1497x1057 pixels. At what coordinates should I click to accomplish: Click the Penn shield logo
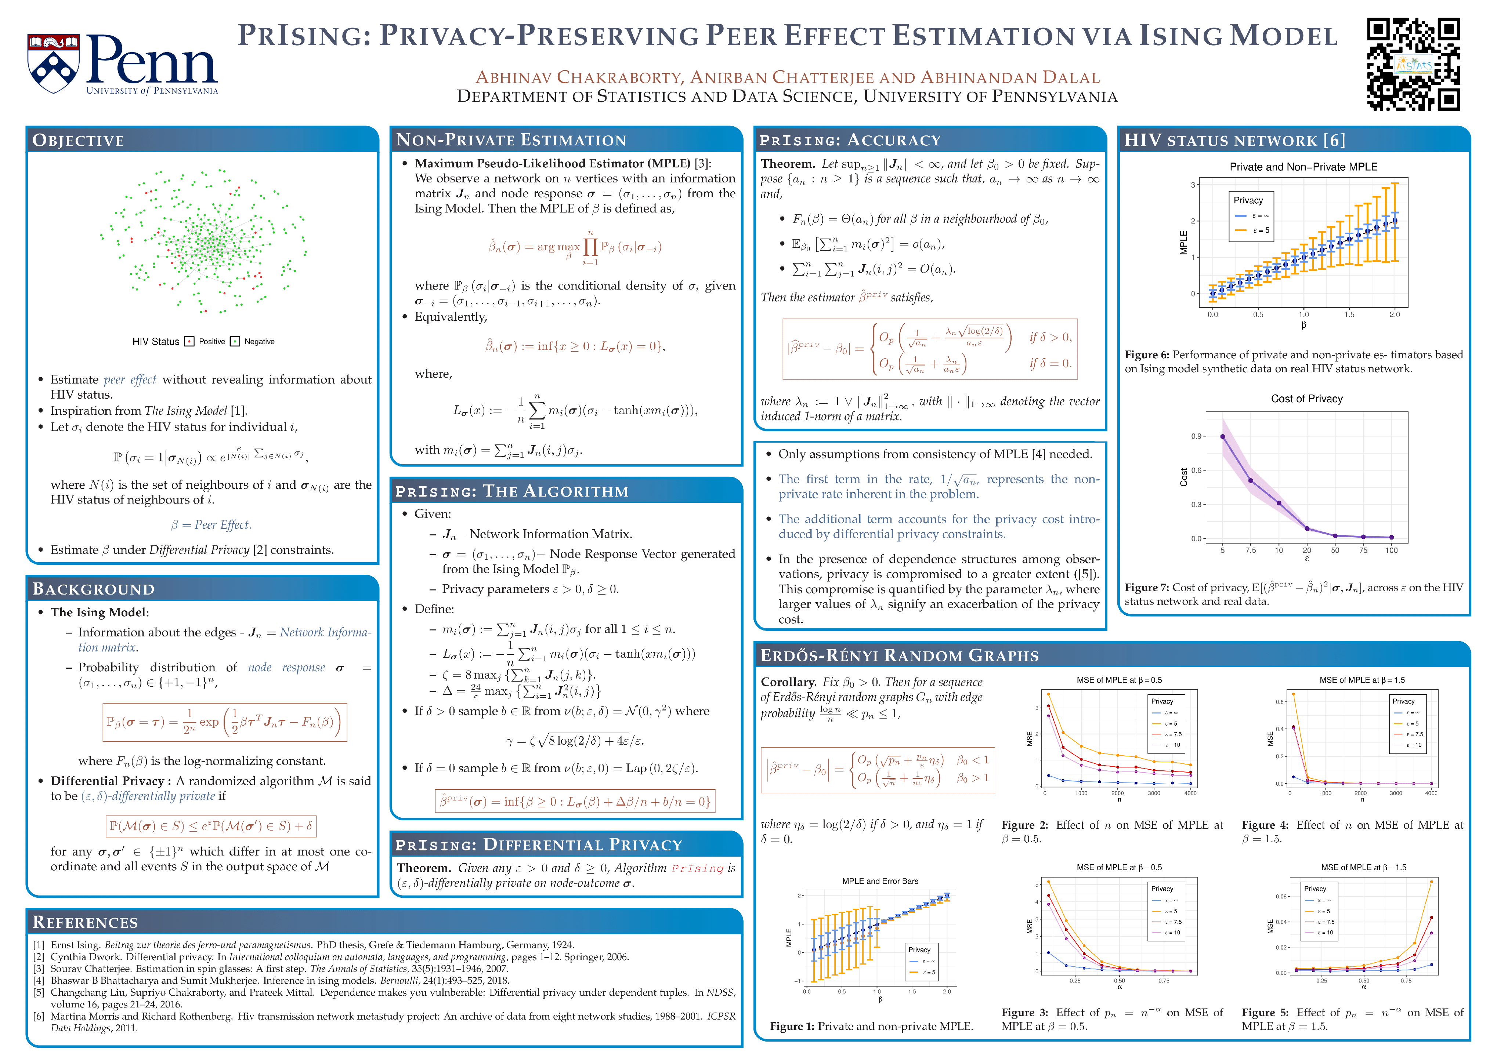[x=54, y=63]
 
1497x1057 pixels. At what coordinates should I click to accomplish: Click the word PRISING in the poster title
[x=304, y=36]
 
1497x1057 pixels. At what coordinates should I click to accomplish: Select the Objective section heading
[x=78, y=141]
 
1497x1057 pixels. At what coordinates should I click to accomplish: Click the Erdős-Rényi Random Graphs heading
[x=900, y=655]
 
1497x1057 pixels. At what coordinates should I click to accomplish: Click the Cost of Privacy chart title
[x=1306, y=399]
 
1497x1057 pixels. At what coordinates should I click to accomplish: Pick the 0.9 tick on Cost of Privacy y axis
[x=1196, y=436]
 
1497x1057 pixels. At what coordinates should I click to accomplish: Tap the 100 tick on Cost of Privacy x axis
[x=1391, y=550]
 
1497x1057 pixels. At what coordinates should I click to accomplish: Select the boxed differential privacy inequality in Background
[x=211, y=826]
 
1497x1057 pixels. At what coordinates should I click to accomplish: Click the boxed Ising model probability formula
[x=224, y=722]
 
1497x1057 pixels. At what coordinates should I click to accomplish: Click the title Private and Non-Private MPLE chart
[x=1303, y=167]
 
